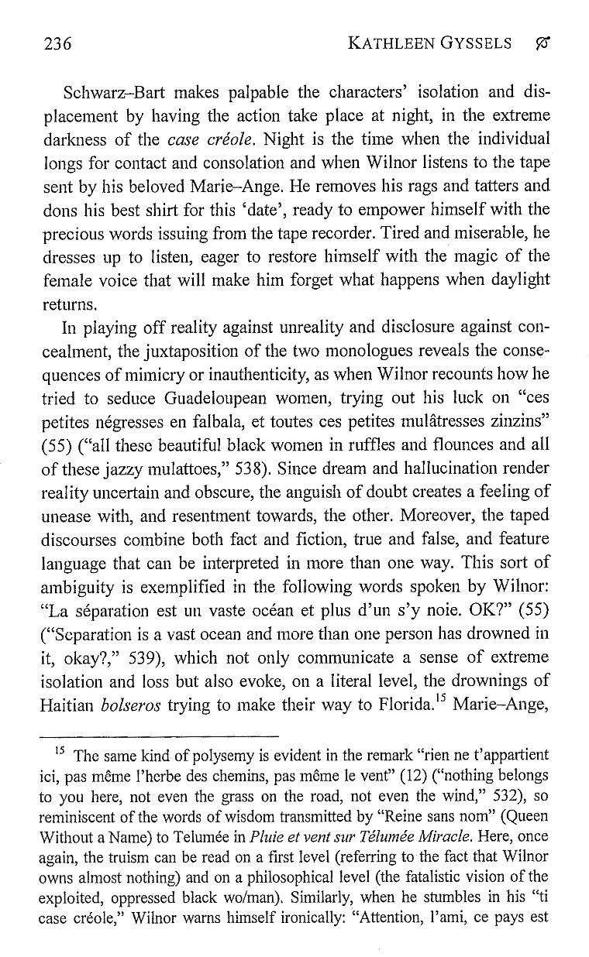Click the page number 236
(x=57, y=43)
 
